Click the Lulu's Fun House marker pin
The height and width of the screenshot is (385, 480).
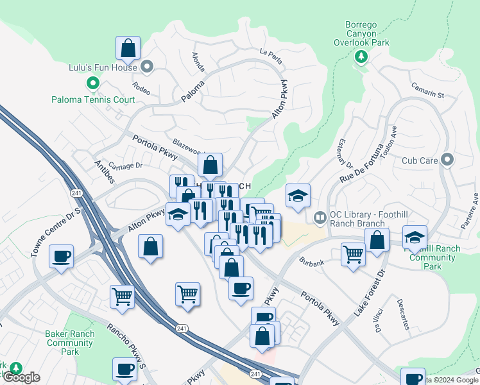pyautogui.click(x=147, y=67)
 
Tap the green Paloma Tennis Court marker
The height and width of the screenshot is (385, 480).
pyautogui.click(x=92, y=83)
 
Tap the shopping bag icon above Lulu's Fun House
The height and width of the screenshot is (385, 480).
pyautogui.click(x=128, y=48)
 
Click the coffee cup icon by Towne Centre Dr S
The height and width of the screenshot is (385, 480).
pyautogui.click(x=62, y=256)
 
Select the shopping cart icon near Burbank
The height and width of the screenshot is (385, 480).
pyautogui.click(x=353, y=255)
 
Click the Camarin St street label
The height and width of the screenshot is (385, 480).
pyautogui.click(x=428, y=92)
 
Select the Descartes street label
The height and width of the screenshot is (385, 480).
pyautogui.click(x=402, y=313)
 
